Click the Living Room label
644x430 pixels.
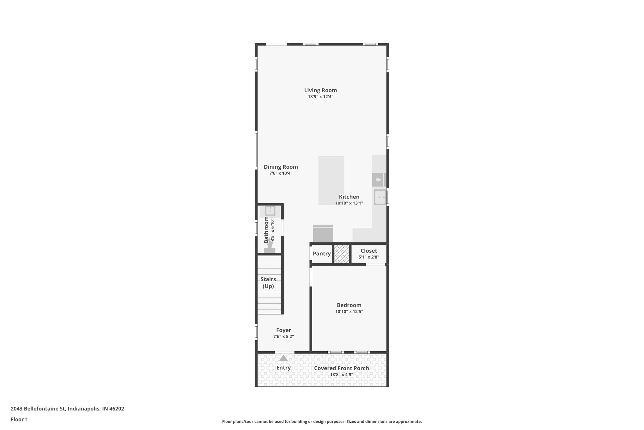pyautogui.click(x=320, y=90)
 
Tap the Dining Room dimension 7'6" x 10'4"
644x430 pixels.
pyautogui.click(x=281, y=173)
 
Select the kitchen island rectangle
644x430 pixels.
pyautogui.click(x=331, y=180)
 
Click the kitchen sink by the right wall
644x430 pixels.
pyautogui.click(x=380, y=197)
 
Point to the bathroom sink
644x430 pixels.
pyautogui.click(x=270, y=210)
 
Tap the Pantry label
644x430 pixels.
pyautogui.click(x=321, y=254)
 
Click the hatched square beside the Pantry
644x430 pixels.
pyautogui.click(x=341, y=254)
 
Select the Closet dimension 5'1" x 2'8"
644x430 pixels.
pyautogui.click(x=369, y=257)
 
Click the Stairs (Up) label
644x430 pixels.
pyautogui.click(x=268, y=283)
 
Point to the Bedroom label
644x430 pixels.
pyautogui.click(x=349, y=305)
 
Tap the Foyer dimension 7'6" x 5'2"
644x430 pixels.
pyautogui.click(x=283, y=336)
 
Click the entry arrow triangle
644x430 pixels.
pyautogui.click(x=283, y=358)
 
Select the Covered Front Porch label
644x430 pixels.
pyautogui.click(x=341, y=368)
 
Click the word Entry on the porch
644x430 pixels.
pyautogui.click(x=283, y=368)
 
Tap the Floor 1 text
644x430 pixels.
pyautogui.click(x=19, y=419)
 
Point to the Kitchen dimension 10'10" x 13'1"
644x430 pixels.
pyautogui.click(x=349, y=203)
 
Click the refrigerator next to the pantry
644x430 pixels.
pyautogui.click(x=323, y=234)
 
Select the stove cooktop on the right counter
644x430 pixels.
pyautogui.click(x=378, y=180)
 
